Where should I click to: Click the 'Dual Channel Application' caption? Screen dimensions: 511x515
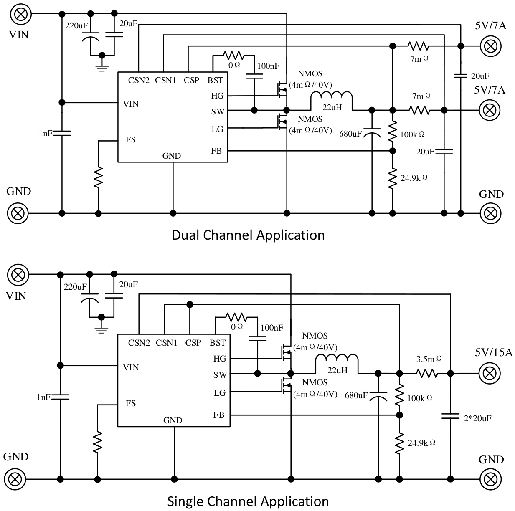tap(248, 235)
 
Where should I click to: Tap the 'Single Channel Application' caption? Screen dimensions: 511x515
tap(248, 501)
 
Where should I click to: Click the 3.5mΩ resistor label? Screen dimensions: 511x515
tap(429, 359)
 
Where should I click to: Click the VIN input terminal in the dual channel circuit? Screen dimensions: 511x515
tap(19, 14)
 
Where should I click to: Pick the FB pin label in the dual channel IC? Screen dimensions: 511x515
tap(216, 151)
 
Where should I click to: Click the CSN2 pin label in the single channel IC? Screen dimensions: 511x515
tap(139, 343)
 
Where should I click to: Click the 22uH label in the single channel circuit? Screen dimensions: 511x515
tap(337, 370)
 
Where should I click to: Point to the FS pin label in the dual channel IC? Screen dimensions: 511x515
tap(131, 139)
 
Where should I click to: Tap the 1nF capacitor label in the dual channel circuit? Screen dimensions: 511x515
tap(46, 133)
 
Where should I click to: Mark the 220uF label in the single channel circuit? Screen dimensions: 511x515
tap(75, 287)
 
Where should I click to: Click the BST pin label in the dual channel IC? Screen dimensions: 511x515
tap(216, 80)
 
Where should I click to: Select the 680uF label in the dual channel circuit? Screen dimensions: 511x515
tap(350, 134)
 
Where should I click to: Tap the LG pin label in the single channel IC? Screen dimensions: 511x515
tap(219, 392)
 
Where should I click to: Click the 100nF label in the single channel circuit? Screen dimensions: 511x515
tap(272, 328)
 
